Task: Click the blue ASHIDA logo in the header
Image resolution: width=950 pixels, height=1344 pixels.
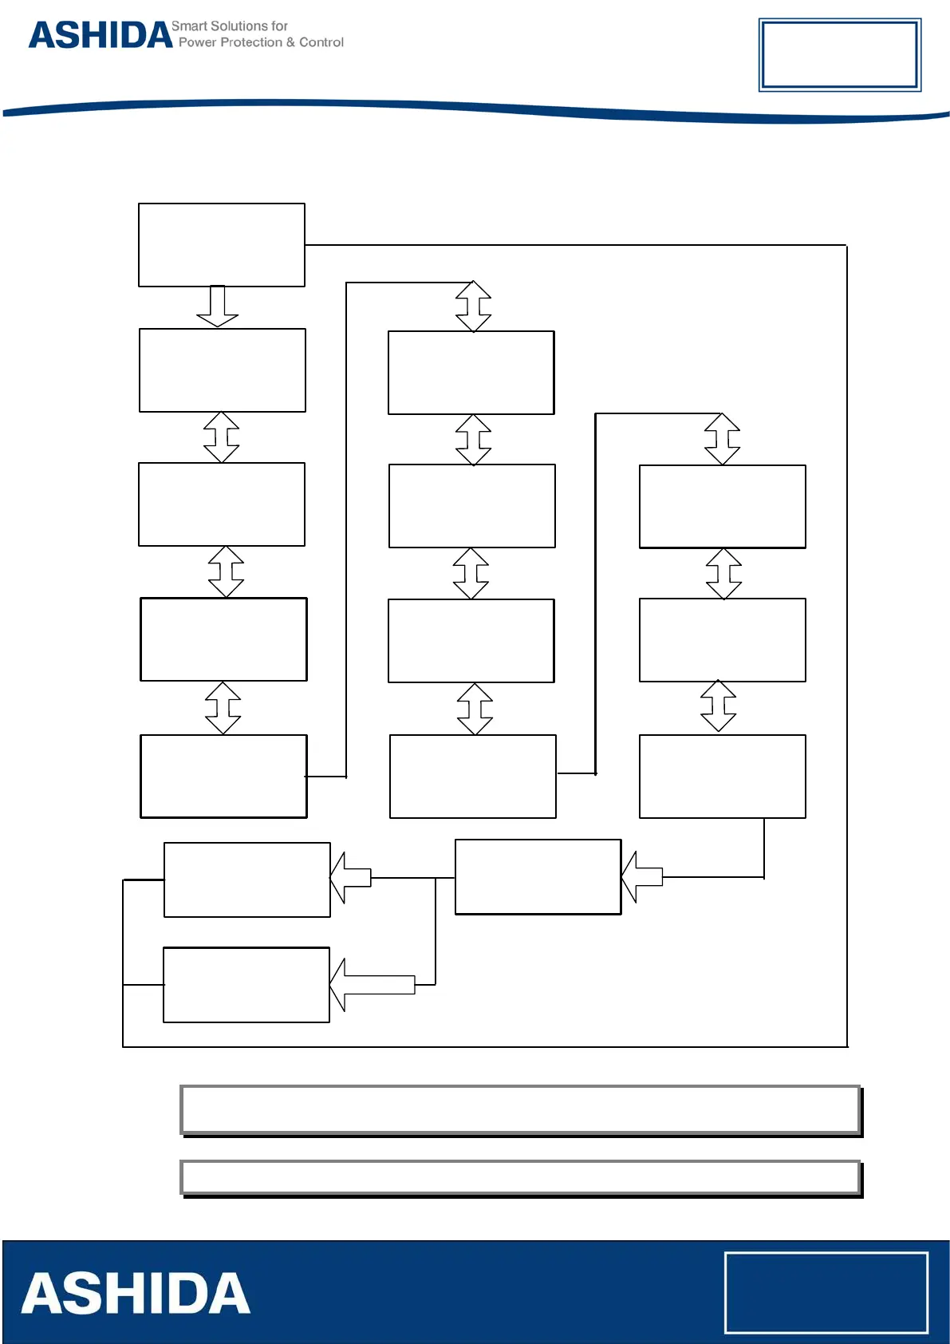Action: point(101,35)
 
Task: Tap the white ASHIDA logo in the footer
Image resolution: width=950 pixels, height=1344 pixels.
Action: point(136,1294)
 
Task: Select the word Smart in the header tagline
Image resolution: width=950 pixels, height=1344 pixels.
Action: point(189,26)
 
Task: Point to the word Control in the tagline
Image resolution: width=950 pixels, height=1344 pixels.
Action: point(321,42)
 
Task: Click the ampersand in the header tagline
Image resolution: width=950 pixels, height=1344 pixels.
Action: point(291,42)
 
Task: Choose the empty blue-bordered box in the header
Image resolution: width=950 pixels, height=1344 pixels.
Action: point(839,54)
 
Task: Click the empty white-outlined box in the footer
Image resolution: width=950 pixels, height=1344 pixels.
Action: point(826,1292)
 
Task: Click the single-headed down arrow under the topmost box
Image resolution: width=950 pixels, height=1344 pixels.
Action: point(218,306)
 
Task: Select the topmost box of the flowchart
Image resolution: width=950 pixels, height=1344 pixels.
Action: point(222,245)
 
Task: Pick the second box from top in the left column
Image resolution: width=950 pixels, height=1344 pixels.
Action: point(223,370)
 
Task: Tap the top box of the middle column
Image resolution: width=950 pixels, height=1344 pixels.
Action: point(471,373)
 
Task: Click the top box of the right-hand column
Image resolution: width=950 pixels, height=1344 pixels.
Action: point(723,507)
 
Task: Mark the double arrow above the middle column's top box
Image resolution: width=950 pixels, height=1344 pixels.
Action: point(473,306)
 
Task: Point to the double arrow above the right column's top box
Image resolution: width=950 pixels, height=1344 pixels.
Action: point(723,439)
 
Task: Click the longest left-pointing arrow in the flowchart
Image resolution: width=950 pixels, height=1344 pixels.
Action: point(373,985)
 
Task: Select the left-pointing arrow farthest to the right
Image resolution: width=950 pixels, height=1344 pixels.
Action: point(642,877)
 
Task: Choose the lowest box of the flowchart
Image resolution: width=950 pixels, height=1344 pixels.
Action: point(246,985)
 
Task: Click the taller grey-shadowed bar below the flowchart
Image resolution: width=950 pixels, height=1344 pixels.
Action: point(520,1109)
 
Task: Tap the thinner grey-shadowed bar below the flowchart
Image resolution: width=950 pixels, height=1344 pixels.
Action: point(520,1177)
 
